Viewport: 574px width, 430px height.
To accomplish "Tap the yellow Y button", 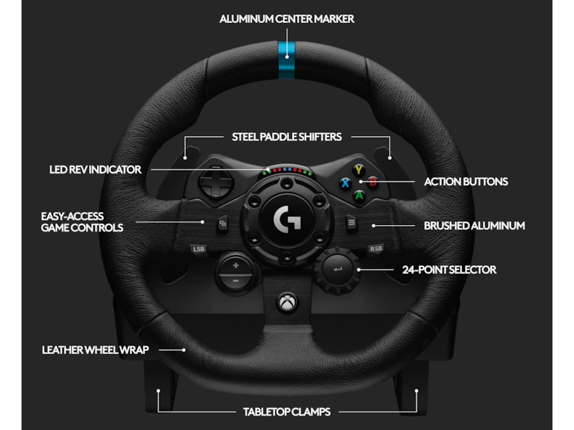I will coord(359,170).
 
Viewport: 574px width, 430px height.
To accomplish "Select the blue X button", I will coord(345,182).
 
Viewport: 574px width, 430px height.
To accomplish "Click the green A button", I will coord(359,194).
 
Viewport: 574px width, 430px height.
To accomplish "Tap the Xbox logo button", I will coord(286,303).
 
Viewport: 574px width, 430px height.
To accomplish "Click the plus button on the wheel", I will coord(235,264).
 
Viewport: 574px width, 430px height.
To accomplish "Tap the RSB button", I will coord(375,249).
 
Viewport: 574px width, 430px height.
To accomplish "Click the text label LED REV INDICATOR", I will coord(95,170).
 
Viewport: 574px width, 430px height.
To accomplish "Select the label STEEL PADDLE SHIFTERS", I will coord(286,136).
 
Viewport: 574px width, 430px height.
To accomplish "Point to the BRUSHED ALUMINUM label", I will coord(474,225).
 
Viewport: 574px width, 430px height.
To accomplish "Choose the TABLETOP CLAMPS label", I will coord(287,412).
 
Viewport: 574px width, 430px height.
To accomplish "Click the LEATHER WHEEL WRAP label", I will coord(95,350).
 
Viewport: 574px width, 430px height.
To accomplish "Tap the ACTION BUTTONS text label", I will coord(466,181).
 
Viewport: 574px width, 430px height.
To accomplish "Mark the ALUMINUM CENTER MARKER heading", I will coord(287,19).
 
